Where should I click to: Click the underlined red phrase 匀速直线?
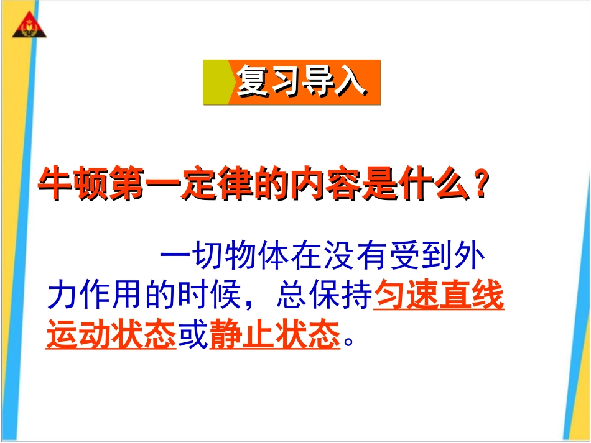coord(439,297)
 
